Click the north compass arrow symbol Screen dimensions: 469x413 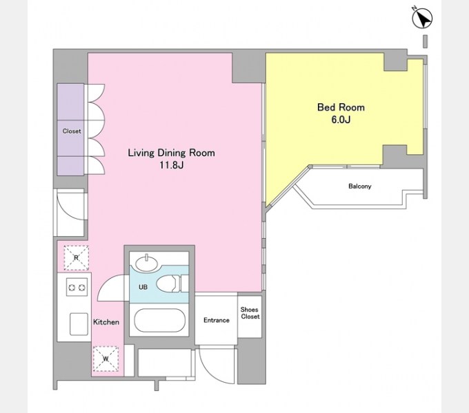point(421,18)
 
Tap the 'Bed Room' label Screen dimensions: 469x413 point(341,107)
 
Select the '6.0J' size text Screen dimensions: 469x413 point(341,120)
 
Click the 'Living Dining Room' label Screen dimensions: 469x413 point(171,153)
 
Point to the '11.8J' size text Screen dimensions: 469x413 point(171,165)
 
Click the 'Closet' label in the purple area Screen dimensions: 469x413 point(72,131)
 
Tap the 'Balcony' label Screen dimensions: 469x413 point(360,187)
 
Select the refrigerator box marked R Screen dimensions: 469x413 point(77,258)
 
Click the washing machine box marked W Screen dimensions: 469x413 point(106,359)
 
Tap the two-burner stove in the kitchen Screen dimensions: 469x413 point(77,287)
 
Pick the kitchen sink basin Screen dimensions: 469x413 point(79,324)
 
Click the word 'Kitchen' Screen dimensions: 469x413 point(106,322)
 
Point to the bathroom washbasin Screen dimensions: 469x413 point(146,263)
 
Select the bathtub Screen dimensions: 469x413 point(159,320)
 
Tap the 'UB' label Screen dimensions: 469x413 point(143,287)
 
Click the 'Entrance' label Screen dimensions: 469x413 point(217,320)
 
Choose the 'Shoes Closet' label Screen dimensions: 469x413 point(250,313)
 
